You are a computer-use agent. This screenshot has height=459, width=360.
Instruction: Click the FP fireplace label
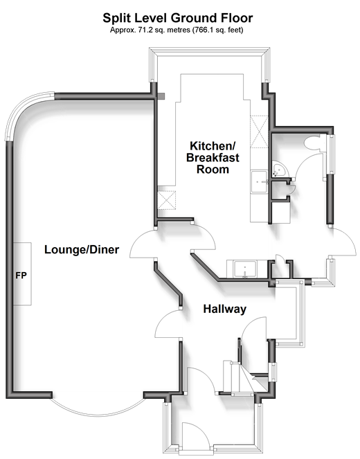click(x=21, y=276)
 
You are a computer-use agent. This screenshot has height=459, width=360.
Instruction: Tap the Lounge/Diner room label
click(x=82, y=250)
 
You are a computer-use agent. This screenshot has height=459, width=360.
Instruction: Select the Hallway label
click(x=225, y=309)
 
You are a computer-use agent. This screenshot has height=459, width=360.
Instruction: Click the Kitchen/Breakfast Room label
click(x=213, y=157)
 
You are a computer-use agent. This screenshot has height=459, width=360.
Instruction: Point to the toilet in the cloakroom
click(x=312, y=143)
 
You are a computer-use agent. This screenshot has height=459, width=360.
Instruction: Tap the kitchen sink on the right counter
click(x=260, y=182)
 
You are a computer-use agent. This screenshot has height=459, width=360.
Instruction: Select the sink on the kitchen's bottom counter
click(x=245, y=269)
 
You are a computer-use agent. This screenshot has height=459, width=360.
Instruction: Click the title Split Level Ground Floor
click(x=178, y=18)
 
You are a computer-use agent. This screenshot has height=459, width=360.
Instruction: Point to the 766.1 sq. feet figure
click(x=217, y=30)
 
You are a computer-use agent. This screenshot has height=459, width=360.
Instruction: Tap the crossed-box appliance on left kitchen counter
click(x=167, y=200)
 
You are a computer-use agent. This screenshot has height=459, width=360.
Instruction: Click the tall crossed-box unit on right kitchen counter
click(x=259, y=132)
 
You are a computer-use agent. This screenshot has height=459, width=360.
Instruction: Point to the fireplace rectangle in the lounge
click(x=23, y=274)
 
